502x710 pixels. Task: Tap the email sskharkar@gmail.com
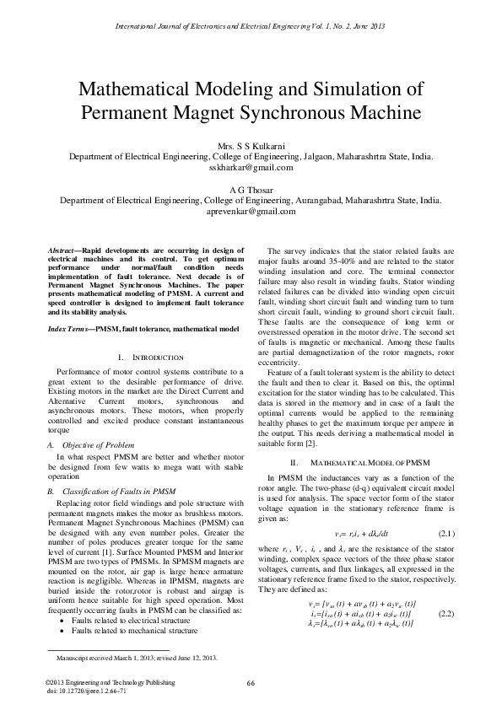point(251,167)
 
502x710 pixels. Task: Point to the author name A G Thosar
point(251,191)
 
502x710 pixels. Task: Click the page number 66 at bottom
point(251,683)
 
